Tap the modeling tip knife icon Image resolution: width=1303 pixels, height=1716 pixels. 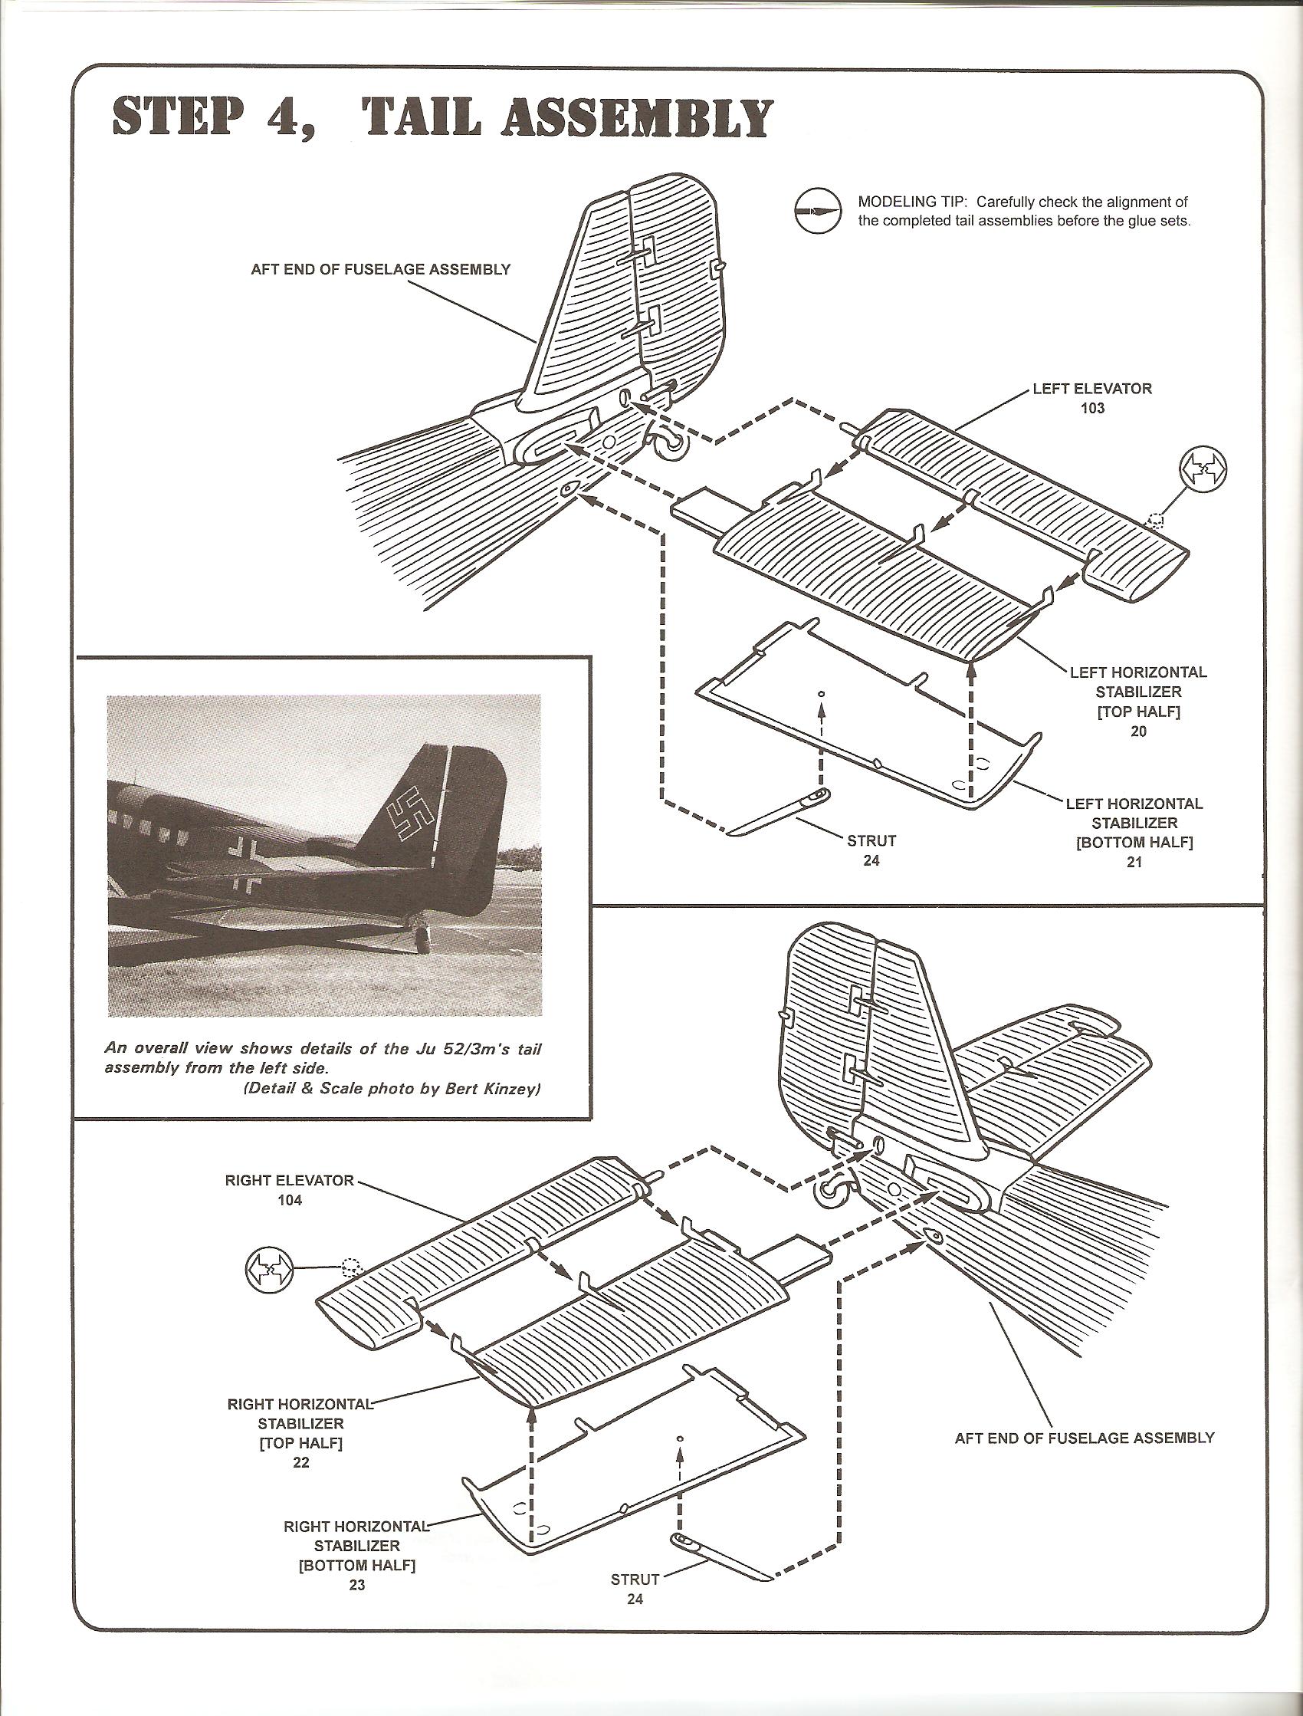[x=818, y=210]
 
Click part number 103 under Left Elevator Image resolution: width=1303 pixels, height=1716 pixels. [x=1092, y=408]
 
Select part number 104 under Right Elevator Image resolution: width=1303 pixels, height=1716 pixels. [x=289, y=1200]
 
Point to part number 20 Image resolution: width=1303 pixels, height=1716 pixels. [x=1137, y=731]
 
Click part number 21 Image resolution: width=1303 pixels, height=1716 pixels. [x=1134, y=861]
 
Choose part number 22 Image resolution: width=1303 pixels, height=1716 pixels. [x=301, y=1462]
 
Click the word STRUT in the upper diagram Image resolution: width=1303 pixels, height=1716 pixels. [x=871, y=840]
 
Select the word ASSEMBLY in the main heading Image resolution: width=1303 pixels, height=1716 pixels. [x=638, y=119]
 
